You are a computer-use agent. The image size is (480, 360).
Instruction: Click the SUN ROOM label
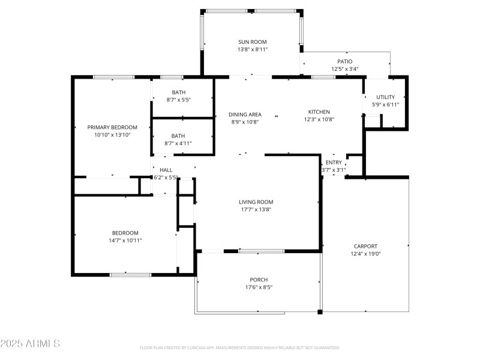tap(252, 42)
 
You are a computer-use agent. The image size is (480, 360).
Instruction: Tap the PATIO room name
tap(344, 61)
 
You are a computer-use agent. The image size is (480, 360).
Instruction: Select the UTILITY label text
tap(385, 97)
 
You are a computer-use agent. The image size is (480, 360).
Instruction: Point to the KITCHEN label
tap(319, 112)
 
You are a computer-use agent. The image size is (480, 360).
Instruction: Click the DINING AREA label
tap(245, 114)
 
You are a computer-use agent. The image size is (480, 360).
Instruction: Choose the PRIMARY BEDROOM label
tap(112, 127)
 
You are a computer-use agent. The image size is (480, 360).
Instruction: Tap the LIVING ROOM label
tap(256, 202)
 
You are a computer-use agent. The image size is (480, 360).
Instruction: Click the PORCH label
tap(259, 280)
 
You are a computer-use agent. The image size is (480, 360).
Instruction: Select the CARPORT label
tap(365, 246)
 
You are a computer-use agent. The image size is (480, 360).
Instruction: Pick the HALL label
tap(166, 170)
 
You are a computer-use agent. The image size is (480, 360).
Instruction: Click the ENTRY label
tap(334, 163)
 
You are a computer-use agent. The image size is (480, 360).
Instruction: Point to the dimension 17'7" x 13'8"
tap(256, 209)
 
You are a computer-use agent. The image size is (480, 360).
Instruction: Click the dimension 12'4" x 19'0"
tap(365, 254)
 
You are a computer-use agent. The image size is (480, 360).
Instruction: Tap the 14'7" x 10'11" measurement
tap(125, 240)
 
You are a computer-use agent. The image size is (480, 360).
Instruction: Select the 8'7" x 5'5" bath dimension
tap(178, 100)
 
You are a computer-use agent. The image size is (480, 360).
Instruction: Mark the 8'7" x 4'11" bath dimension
tap(178, 143)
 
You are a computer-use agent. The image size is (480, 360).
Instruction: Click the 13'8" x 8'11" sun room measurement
tap(252, 49)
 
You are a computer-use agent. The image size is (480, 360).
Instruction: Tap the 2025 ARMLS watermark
tap(30, 344)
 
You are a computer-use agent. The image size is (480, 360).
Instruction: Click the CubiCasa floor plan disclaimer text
tap(239, 348)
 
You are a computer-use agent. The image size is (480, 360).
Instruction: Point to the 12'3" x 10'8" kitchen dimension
tap(319, 119)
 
